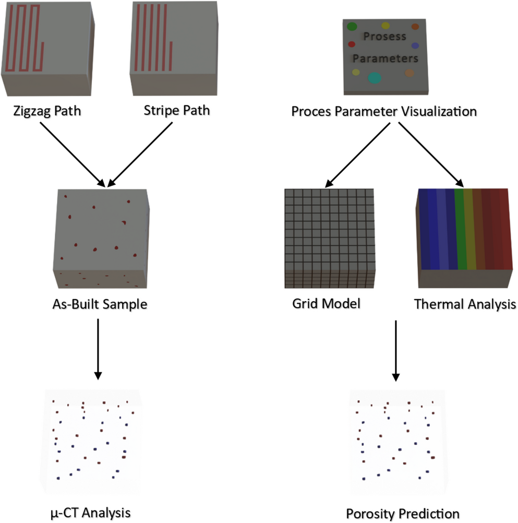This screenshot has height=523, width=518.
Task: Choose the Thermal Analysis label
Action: click(x=465, y=303)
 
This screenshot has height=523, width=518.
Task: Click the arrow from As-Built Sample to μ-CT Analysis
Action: click(x=98, y=350)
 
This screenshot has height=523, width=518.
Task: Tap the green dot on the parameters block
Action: click(x=352, y=26)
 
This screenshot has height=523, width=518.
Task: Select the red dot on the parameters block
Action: click(x=351, y=44)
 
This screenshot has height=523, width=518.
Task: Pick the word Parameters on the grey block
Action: click(x=385, y=57)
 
